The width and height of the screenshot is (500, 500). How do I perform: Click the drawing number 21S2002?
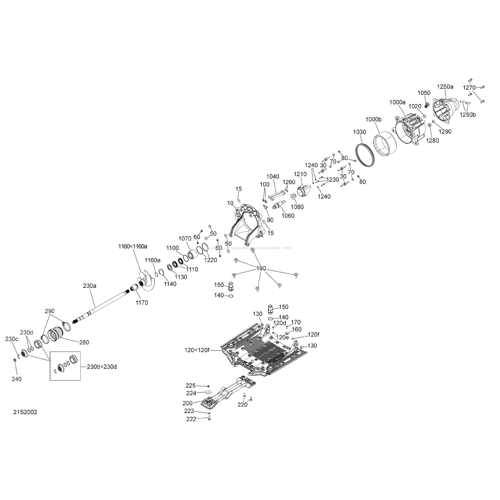[25, 412]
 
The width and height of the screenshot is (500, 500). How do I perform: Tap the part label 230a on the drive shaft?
[90, 286]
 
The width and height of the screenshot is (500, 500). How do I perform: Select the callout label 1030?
[359, 132]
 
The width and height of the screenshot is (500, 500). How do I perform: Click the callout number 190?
[261, 269]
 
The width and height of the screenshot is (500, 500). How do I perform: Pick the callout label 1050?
[424, 93]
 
